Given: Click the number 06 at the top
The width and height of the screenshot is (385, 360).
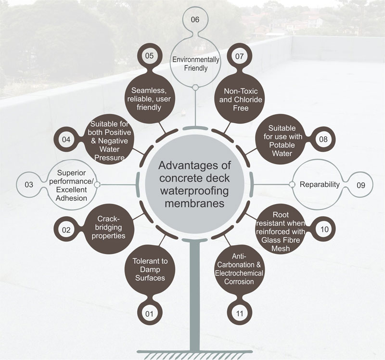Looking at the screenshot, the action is tap(195, 20).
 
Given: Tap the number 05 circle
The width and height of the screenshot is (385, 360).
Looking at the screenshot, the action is tap(149, 56).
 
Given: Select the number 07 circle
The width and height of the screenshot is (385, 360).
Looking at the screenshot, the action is tap(239, 56).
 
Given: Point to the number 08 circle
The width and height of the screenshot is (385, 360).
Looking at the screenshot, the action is tap(323, 139).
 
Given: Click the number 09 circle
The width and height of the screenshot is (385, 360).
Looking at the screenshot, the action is tap(360, 185).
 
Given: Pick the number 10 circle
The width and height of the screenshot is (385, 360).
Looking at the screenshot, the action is tap(324, 230).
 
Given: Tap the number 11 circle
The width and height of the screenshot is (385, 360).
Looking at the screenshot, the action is tap(239, 313).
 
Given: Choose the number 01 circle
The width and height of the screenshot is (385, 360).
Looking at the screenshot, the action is tap(149, 314).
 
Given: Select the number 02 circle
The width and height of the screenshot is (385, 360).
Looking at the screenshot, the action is tap(66, 230).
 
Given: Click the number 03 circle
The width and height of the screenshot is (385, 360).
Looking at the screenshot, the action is tap(29, 185).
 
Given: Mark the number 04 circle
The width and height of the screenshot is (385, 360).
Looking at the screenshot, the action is tap(66, 140).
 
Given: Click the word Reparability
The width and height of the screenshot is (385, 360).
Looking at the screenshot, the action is tap(320, 184).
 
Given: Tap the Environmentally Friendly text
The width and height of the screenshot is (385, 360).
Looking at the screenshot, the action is tap(196, 64).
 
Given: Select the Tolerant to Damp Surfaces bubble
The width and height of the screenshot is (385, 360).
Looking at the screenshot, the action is tap(150, 270).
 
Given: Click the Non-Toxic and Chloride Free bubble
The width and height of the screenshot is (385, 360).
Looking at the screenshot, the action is tap(241, 99).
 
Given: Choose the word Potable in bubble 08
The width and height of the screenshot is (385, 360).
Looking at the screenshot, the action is tap(282, 145).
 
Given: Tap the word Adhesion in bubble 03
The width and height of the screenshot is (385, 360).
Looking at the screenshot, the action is tap(71, 198).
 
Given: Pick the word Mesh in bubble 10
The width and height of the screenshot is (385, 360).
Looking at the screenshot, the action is tap(281, 248).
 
